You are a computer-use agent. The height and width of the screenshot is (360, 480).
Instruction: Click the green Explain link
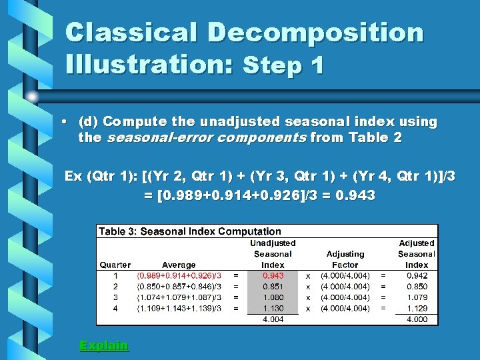(x=104, y=345)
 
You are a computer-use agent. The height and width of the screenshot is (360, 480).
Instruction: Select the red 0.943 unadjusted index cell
(x=273, y=275)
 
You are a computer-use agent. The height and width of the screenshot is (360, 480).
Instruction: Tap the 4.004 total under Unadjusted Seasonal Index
(x=273, y=319)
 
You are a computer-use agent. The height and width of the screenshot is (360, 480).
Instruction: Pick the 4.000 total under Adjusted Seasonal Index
(x=417, y=319)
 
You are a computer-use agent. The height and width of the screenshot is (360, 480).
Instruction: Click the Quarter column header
(x=115, y=265)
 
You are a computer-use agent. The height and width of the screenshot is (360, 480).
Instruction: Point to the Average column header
(x=179, y=265)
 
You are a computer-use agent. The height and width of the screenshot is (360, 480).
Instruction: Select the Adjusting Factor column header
(x=345, y=259)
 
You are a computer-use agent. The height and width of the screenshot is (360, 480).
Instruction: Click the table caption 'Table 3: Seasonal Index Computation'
(x=190, y=231)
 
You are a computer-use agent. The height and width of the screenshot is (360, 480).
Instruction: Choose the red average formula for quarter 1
(x=179, y=275)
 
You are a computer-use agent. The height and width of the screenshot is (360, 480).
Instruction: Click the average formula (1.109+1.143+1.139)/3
(x=179, y=308)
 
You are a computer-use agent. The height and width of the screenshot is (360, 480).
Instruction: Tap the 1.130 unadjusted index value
(x=273, y=308)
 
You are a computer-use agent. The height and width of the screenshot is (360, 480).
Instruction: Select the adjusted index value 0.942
(x=417, y=275)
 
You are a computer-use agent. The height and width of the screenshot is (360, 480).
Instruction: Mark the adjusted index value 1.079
(x=417, y=297)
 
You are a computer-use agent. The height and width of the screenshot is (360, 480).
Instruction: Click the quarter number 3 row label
(x=115, y=297)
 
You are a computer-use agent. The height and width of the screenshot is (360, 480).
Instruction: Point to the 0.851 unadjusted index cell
(x=273, y=287)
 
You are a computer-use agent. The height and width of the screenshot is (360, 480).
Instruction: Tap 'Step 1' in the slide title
(x=284, y=65)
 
